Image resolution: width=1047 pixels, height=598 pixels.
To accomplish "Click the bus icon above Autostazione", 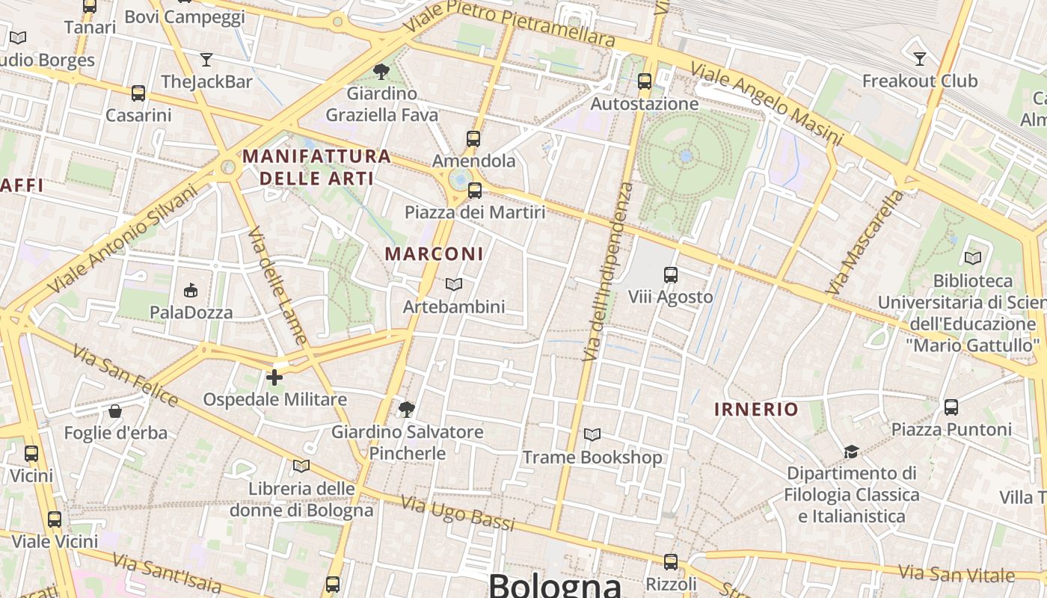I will tap(645, 81).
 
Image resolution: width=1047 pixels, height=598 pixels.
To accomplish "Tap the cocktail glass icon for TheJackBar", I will tap(206, 60).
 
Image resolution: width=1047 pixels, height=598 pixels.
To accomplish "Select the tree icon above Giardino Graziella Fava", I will tap(381, 72).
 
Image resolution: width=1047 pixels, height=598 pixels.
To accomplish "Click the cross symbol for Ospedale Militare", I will tap(274, 377).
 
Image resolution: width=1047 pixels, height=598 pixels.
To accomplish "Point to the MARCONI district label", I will tap(435, 253).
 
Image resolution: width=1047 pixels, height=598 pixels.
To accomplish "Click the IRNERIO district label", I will tap(756, 409).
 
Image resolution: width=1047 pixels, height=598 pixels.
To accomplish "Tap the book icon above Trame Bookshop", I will tap(592, 434).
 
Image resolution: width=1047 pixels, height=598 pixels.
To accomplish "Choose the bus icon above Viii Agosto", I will tap(671, 275).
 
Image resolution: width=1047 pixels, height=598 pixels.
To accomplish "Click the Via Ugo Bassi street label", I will tap(458, 513).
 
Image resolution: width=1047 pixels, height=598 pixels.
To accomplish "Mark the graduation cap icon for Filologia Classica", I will tap(851, 451).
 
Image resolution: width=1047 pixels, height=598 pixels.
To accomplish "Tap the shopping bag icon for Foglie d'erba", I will tap(115, 411).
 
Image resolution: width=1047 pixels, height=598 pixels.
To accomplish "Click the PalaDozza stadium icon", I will tap(191, 290).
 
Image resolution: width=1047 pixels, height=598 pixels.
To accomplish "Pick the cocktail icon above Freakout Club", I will tap(920, 58).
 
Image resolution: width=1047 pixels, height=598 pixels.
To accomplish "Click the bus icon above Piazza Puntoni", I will tap(951, 407).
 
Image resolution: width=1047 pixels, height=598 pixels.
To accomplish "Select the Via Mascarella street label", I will tap(865, 241).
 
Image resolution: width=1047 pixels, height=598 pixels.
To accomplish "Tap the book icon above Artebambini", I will tap(453, 284).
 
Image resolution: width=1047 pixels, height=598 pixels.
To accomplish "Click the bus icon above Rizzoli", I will tap(671, 562).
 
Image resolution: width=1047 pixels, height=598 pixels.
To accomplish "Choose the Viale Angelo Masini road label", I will tap(766, 103).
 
